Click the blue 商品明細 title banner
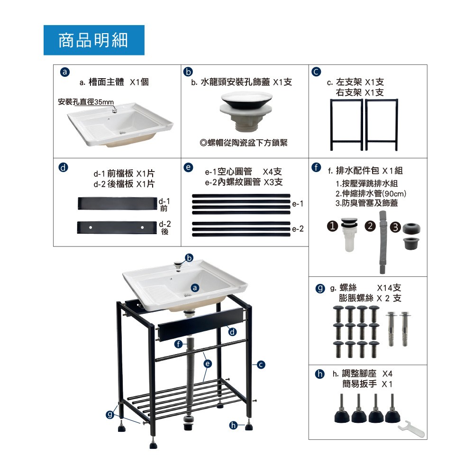[x=94, y=40]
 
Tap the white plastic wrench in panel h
[x=411, y=428]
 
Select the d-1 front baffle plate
[x=118, y=203]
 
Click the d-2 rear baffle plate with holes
[x=117, y=228]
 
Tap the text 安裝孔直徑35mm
[x=86, y=102]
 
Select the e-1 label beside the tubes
[x=298, y=204]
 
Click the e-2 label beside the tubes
[x=298, y=229]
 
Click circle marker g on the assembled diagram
[x=110, y=414]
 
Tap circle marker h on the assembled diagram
[x=233, y=425]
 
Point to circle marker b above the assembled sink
[x=189, y=258]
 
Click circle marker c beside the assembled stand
[x=261, y=365]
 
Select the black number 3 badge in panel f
[x=395, y=228]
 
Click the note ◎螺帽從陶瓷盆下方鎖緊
[x=244, y=143]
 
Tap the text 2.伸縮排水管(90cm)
[x=371, y=193]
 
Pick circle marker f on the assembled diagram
[x=179, y=344]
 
